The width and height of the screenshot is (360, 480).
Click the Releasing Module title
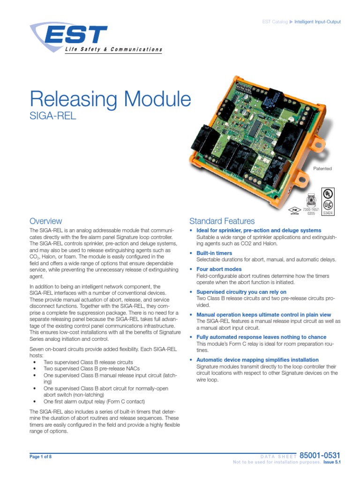(111, 99)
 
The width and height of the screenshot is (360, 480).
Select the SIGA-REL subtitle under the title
(52, 115)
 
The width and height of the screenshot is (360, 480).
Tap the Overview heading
(45, 221)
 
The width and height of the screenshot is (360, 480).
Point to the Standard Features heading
(222, 221)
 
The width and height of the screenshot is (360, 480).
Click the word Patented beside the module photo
(322, 168)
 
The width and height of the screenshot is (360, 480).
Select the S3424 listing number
(328, 213)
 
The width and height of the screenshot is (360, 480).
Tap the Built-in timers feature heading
(214, 253)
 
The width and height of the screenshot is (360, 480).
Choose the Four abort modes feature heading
(219, 269)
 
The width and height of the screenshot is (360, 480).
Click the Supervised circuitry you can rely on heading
(241, 292)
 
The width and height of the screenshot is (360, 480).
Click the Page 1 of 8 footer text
(40, 456)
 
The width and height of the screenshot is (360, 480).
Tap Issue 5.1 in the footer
(331, 462)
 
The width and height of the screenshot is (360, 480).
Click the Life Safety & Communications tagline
(113, 49)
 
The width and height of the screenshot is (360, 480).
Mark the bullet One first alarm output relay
(94, 402)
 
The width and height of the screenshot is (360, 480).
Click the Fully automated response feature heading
(262, 337)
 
